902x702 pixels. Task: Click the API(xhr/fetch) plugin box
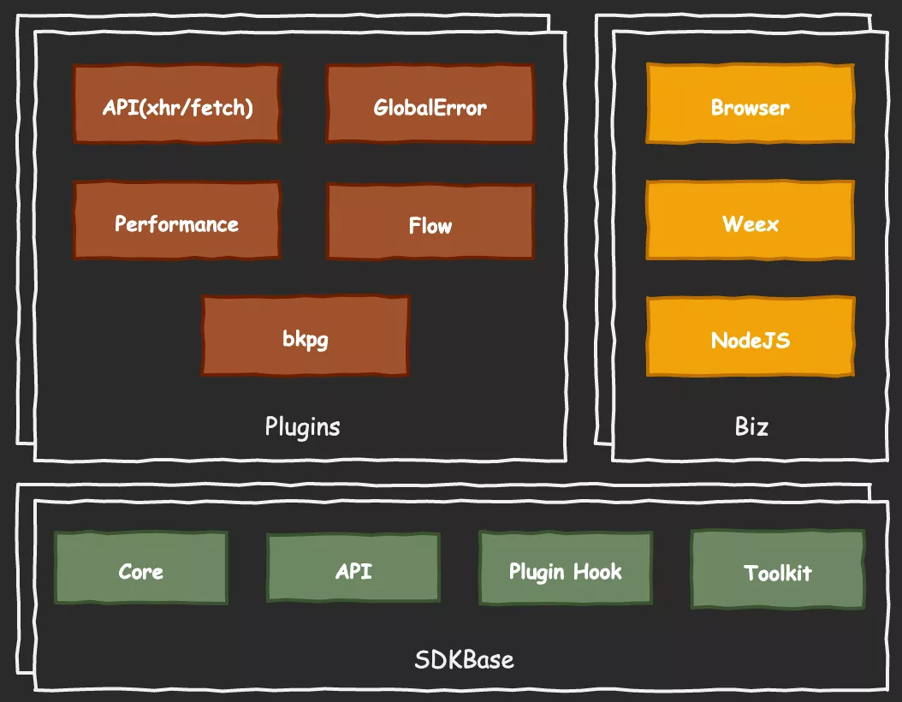pos(177,105)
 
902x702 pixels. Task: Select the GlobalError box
pos(430,105)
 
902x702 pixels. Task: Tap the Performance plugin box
pos(177,222)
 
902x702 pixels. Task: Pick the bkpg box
pos(306,336)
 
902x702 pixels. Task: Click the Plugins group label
pos(302,426)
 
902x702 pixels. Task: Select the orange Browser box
pos(750,105)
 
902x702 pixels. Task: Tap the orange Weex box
pos(750,222)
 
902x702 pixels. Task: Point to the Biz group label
pos(751,426)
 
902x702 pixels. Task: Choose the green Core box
pos(141,569)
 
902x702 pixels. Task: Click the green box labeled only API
pos(353,569)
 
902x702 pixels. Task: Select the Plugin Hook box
pos(565,569)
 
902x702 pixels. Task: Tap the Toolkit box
pos(777,571)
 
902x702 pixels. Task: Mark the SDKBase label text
pos(464,660)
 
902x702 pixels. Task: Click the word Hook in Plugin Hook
pos(597,571)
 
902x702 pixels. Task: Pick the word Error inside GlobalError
pos(462,108)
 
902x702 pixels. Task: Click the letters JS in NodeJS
pos(777,340)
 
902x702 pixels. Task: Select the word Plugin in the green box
pos(537,572)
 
